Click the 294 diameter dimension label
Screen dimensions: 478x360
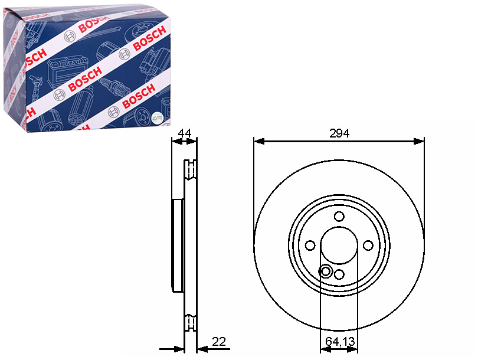[339, 133]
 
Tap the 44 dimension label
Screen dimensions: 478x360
[185, 133]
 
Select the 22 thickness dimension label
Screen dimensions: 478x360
[218, 342]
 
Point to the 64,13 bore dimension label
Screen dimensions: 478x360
[340, 341]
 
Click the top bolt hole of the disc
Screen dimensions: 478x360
[339, 217]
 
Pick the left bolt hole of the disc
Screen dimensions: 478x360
[310, 246]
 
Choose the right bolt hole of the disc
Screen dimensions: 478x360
[368, 245]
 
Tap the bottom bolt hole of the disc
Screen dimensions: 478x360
[339, 274]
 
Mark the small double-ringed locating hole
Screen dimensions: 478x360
[325, 271]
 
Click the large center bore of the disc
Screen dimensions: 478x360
[339, 246]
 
